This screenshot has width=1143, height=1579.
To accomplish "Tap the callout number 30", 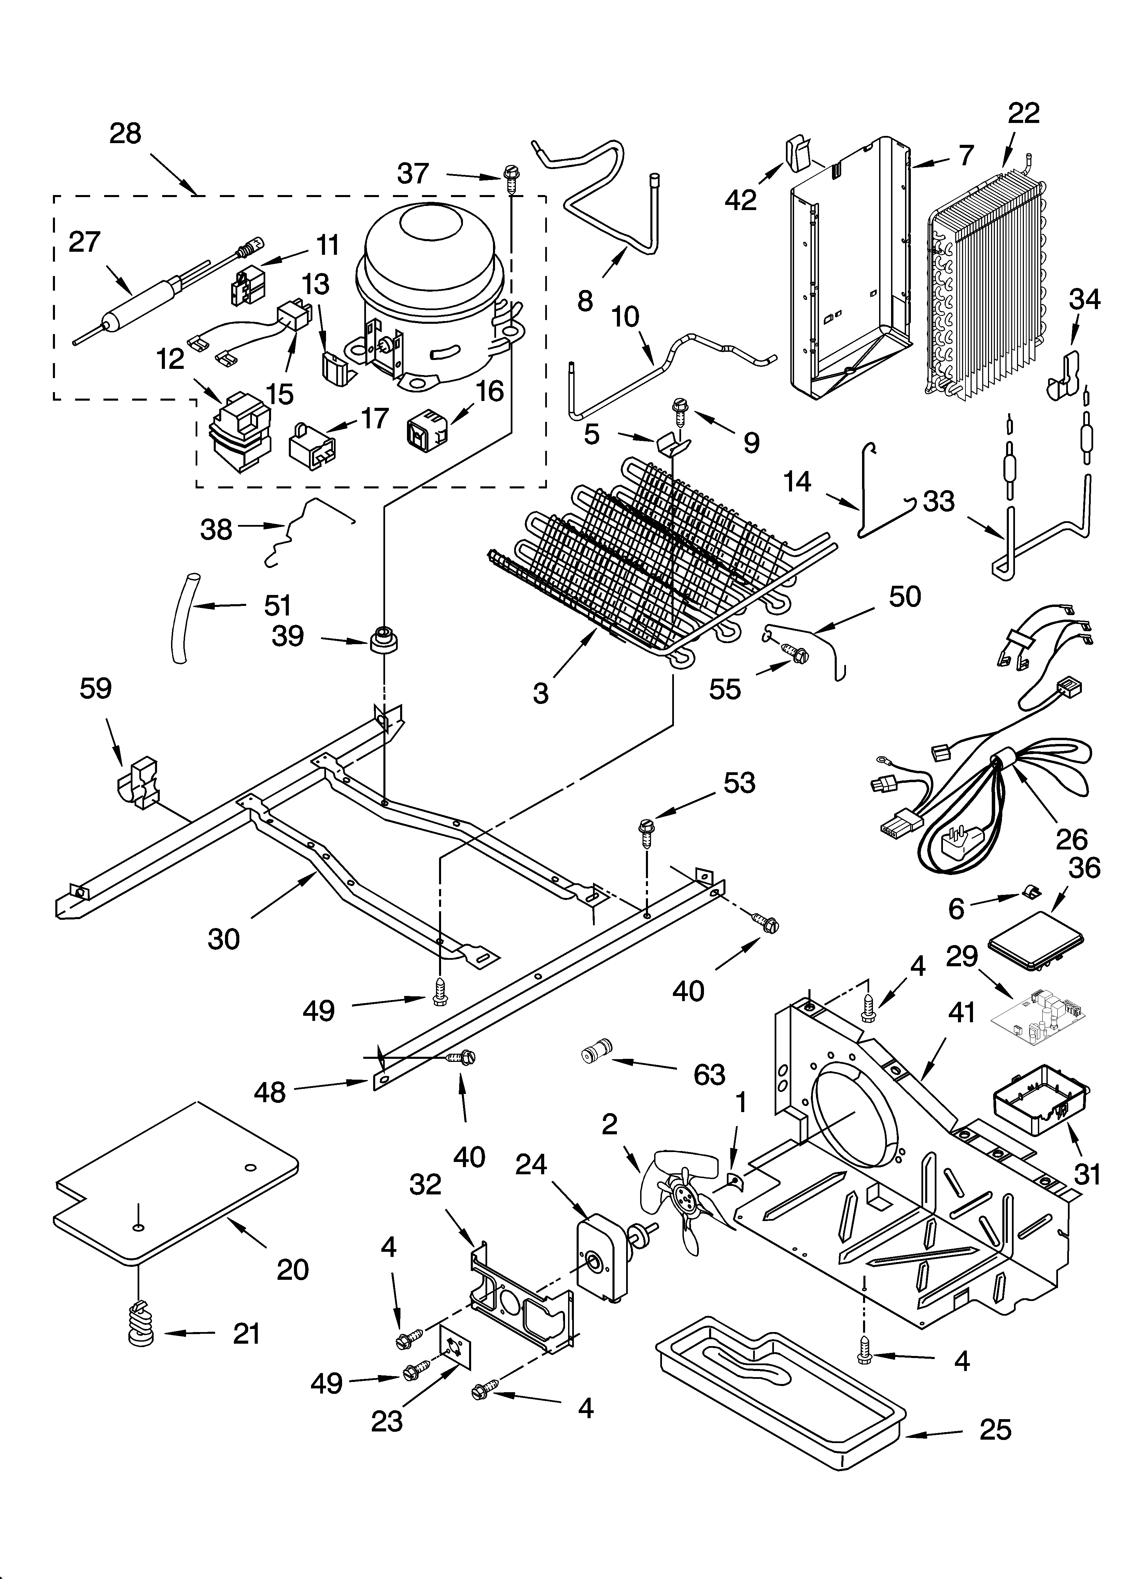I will tap(224, 939).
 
